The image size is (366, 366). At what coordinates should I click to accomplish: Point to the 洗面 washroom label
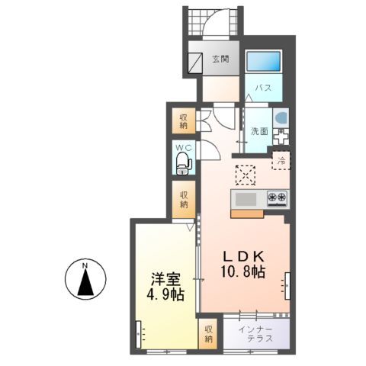point(259,130)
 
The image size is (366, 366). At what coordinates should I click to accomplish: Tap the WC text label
point(183,146)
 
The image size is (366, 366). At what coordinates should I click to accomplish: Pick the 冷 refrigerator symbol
point(281,161)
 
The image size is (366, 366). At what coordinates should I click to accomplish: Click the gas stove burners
point(277,199)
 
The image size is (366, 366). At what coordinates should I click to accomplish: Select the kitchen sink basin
point(246,200)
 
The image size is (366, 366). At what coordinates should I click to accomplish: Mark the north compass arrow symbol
point(86,281)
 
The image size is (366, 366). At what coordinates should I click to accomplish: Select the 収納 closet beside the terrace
point(207,333)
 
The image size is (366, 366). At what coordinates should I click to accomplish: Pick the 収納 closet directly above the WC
point(184,121)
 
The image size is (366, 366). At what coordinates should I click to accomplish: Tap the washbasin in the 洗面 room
point(281,120)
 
